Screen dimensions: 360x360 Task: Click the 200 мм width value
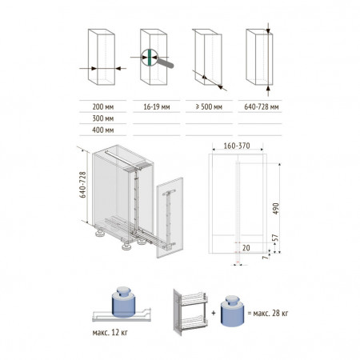click(x=103, y=107)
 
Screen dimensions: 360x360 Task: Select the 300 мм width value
click(x=103, y=118)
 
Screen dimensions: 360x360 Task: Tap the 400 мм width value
click(x=103, y=130)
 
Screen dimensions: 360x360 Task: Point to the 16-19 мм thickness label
click(x=157, y=107)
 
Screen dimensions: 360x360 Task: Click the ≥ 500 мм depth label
click(x=209, y=107)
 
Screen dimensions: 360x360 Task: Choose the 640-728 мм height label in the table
click(x=262, y=107)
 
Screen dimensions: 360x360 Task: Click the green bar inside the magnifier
click(x=150, y=58)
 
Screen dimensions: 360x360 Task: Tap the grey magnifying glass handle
click(x=166, y=63)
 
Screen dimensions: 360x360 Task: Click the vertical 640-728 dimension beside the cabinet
click(x=83, y=185)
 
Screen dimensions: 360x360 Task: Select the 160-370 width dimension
click(x=237, y=146)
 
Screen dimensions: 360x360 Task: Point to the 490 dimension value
click(x=276, y=209)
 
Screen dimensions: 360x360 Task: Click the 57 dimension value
click(x=276, y=238)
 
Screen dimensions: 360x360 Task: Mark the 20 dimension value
click(x=246, y=248)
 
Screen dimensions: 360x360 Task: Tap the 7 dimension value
click(x=265, y=257)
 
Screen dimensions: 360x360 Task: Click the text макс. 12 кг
click(x=110, y=333)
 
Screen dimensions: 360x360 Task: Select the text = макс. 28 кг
click(x=268, y=313)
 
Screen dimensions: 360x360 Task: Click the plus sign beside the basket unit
click(x=214, y=313)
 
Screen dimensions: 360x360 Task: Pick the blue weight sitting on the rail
click(x=122, y=302)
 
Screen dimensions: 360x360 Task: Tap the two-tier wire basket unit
click(x=190, y=312)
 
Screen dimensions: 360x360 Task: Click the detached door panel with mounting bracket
click(x=170, y=218)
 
